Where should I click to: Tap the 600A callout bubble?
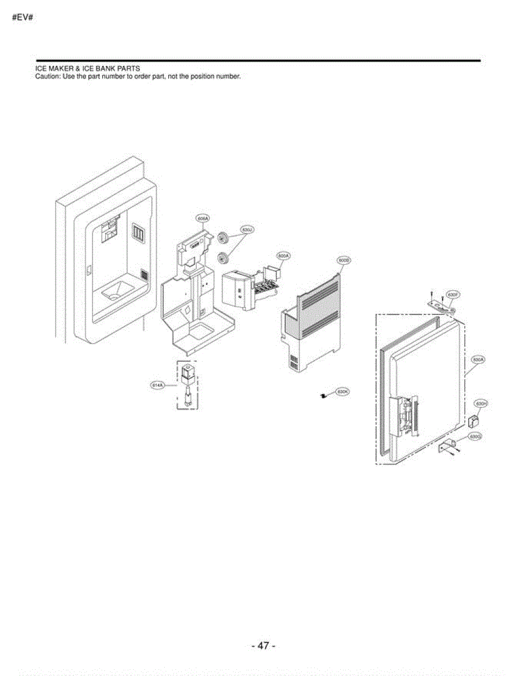[283, 256]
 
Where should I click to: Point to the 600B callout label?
[344, 260]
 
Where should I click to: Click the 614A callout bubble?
[157, 385]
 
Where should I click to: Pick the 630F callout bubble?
[452, 295]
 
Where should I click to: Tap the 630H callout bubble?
[480, 404]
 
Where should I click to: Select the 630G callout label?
[476, 436]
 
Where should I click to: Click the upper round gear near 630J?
[222, 238]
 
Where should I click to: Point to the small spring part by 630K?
[323, 397]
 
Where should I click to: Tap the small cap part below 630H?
[473, 420]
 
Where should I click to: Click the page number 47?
[263, 646]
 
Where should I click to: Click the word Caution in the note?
[47, 77]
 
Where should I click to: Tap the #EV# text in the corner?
[23, 17]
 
